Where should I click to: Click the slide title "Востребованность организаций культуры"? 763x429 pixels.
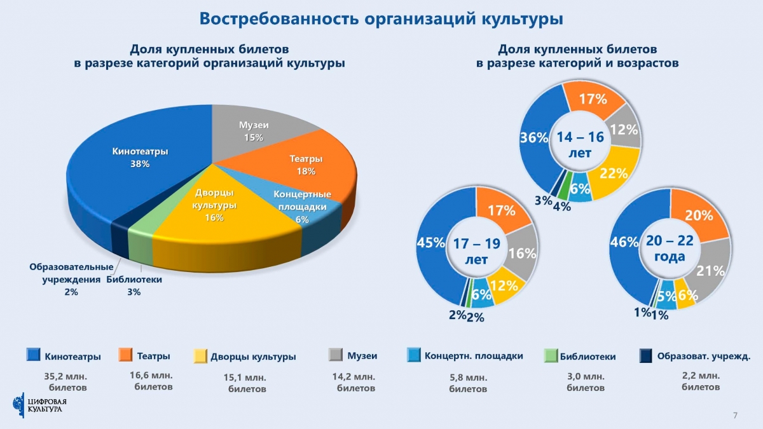click(381, 18)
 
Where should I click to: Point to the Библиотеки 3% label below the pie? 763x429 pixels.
click(134, 286)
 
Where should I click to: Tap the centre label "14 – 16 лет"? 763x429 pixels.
click(579, 144)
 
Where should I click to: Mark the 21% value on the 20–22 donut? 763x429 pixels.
click(711, 271)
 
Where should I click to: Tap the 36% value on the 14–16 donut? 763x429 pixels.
click(534, 138)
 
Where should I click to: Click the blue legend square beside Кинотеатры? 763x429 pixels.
click(33, 355)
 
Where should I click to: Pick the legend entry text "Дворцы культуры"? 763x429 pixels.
click(253, 357)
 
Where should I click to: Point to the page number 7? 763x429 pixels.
click(735, 415)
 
